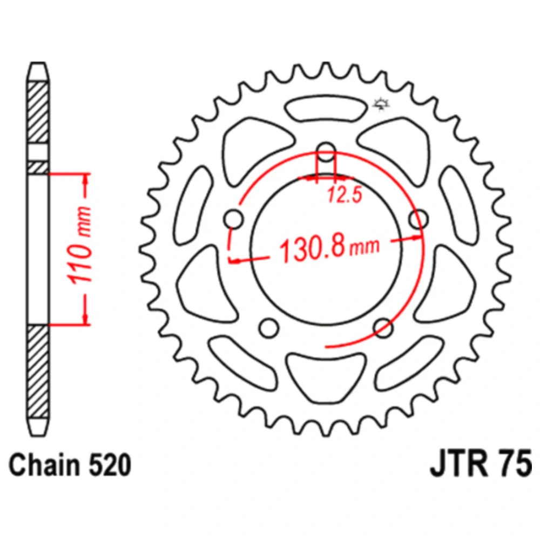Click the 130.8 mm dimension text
pyautogui.click(x=329, y=248)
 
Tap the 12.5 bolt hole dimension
pyautogui.click(x=345, y=194)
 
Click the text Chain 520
pyautogui.click(x=70, y=465)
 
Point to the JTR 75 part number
pyautogui.click(x=481, y=464)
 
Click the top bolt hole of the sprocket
pyautogui.click(x=326, y=152)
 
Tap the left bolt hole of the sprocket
pyautogui.click(x=234, y=219)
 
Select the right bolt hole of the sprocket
pyautogui.click(x=419, y=219)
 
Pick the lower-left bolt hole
pyautogui.click(x=269, y=328)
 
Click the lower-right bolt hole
pyautogui.click(x=383, y=328)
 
